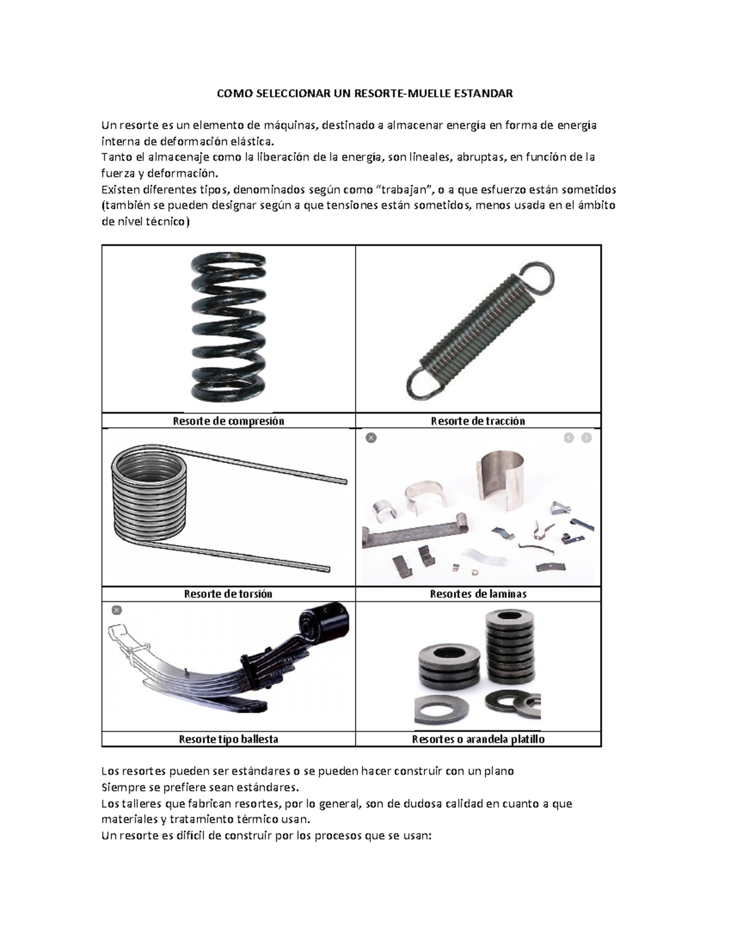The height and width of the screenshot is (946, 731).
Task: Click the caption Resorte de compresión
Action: coord(228,421)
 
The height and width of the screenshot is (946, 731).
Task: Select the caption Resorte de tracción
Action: coord(478,421)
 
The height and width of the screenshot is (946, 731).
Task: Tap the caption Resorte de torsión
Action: coord(228,594)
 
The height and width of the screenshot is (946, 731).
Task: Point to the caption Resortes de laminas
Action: coord(478,594)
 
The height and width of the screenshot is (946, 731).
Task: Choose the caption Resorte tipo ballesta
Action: coord(228,739)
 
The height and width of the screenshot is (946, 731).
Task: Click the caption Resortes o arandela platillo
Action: coord(478,739)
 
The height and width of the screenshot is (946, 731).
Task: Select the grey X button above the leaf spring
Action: coord(117,610)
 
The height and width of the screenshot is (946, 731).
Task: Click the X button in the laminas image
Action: coord(371,438)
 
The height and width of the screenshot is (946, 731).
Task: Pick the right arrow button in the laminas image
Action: coord(587,438)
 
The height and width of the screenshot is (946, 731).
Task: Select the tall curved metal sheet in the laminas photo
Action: coord(501,481)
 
